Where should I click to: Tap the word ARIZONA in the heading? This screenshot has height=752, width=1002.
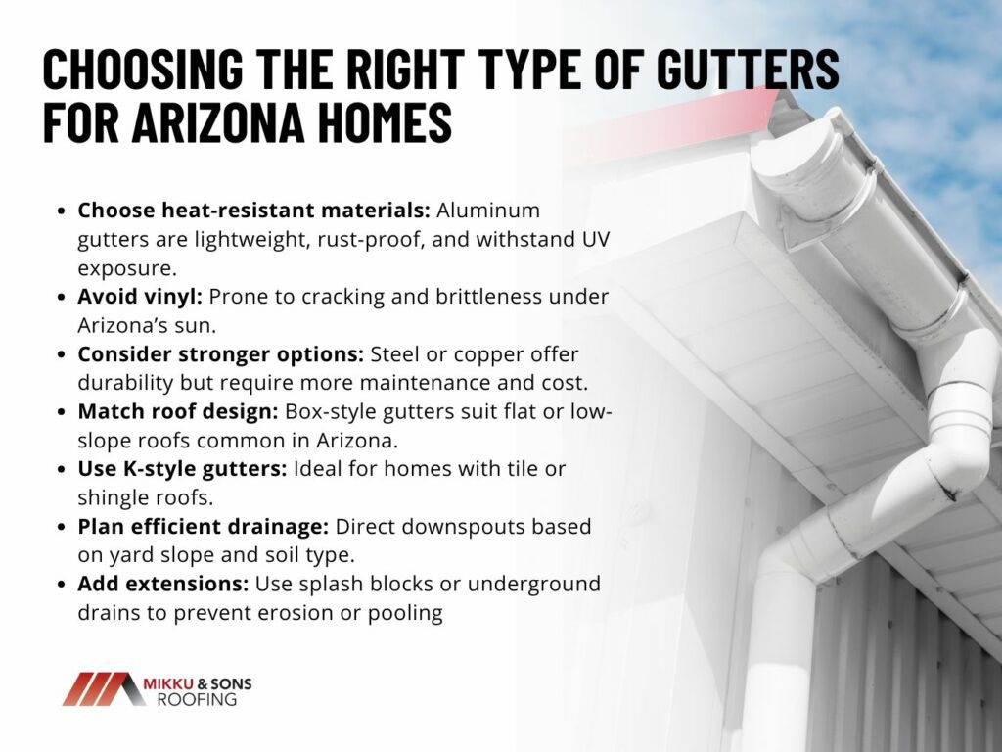point(218,122)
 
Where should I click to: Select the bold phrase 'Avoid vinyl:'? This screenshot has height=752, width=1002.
point(140,296)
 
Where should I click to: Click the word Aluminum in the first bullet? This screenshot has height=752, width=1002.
point(488,210)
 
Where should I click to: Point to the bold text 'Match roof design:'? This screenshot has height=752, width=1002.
point(178,411)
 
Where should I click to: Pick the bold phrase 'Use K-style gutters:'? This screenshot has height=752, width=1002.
point(183,469)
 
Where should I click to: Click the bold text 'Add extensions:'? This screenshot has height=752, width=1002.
point(163,584)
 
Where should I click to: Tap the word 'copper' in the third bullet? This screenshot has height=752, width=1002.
point(491,354)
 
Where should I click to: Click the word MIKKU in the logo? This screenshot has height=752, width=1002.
point(168,683)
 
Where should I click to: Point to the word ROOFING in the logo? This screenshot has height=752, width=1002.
point(197,699)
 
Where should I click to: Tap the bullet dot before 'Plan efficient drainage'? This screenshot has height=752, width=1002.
point(62,527)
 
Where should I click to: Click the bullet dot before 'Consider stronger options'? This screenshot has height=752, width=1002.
point(62,354)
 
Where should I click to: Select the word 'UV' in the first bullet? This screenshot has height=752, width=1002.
point(596,239)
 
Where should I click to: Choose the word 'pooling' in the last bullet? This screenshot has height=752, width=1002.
point(405,613)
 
